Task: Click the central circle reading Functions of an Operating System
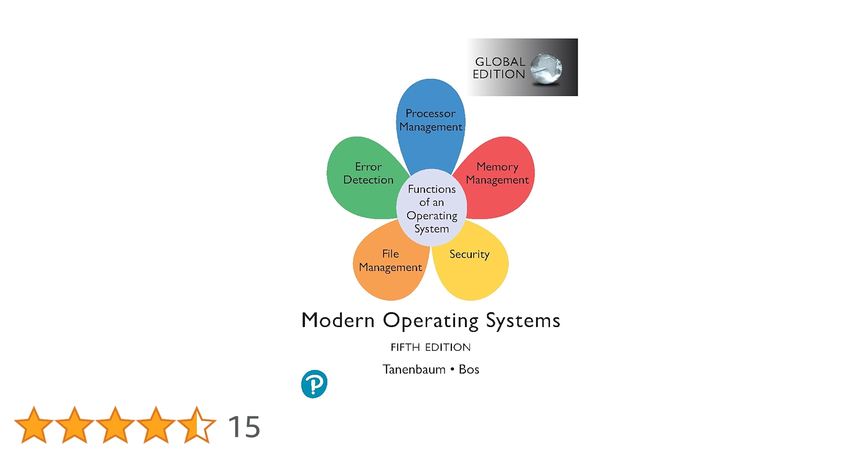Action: point(432,208)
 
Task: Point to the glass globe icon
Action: point(546,68)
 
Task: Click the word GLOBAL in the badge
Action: point(500,62)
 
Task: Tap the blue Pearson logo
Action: point(314,384)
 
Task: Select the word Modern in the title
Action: point(338,320)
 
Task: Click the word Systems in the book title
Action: point(523,321)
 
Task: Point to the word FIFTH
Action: point(405,347)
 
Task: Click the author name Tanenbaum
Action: point(414,370)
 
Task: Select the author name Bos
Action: point(469,370)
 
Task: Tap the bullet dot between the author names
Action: point(452,370)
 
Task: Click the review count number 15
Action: point(244,426)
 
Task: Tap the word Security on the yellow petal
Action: point(469,255)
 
